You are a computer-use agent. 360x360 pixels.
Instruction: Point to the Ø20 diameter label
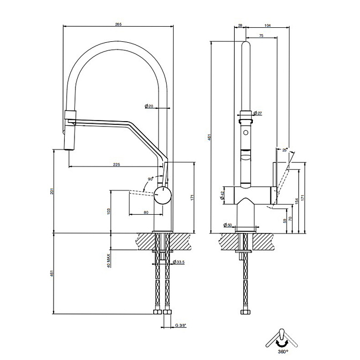(149, 106)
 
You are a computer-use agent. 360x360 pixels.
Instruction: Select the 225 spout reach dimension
(116, 164)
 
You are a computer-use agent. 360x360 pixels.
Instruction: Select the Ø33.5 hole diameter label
(178, 261)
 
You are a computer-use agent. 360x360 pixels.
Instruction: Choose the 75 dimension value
(261, 35)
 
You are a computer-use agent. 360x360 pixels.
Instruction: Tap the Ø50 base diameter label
(229, 226)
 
